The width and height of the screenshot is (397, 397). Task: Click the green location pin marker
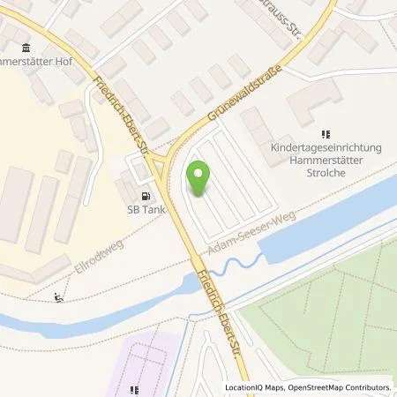(x=199, y=179)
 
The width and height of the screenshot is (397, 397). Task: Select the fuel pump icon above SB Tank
(x=143, y=196)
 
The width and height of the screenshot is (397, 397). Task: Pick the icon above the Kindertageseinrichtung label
(x=325, y=134)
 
